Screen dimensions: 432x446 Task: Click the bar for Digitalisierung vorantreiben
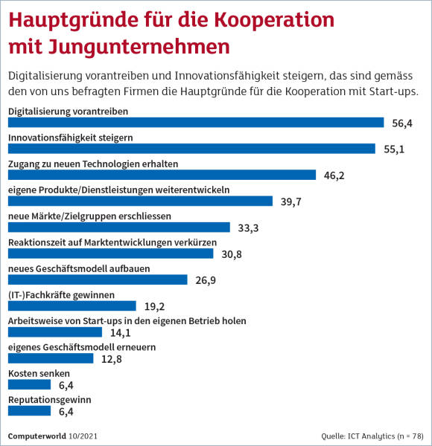196,123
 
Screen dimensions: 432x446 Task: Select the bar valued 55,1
191,149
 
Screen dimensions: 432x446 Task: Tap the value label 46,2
334,175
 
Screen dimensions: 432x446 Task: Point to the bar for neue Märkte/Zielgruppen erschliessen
119,227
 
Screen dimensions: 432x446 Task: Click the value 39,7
291,201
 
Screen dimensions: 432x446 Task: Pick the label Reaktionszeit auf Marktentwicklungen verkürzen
112,242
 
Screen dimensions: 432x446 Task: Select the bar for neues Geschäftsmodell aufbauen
98,279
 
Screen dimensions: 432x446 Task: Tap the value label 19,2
154,306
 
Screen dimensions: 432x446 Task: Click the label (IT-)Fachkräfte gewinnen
61,295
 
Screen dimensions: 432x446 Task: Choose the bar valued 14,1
55,332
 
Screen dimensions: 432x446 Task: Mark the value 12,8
112,359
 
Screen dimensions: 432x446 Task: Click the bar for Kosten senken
29,384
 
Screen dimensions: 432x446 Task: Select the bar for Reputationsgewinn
29,411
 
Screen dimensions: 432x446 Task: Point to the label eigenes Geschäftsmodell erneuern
82,347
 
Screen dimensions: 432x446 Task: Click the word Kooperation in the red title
274,21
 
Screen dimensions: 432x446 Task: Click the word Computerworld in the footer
36,436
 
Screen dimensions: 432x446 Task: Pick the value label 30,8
232,254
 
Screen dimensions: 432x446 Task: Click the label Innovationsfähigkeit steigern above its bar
70,138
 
